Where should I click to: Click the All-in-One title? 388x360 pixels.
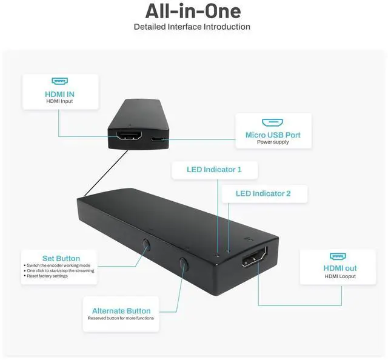point(193,11)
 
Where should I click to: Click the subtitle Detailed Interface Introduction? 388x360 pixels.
point(192,27)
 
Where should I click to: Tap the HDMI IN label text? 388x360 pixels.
point(59,94)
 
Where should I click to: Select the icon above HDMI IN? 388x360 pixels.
point(59,81)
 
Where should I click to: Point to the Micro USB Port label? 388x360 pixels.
point(272,135)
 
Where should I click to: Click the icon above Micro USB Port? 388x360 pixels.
point(272,122)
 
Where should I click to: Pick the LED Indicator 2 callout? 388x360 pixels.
point(263,193)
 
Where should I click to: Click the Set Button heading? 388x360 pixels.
point(61,258)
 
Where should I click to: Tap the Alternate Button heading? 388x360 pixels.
point(121,311)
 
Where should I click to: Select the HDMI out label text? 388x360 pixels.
point(339,268)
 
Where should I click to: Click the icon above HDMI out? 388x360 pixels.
point(338,256)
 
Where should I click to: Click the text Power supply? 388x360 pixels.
point(272,142)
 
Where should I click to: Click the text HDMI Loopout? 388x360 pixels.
point(339,276)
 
